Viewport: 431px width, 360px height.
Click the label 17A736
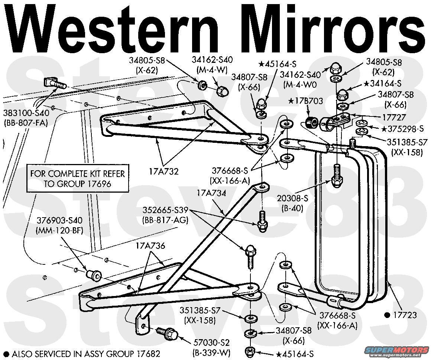(150, 246)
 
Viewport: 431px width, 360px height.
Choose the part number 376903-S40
(60, 222)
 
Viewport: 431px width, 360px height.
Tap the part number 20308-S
(290, 200)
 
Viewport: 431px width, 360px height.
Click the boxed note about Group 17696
(77, 179)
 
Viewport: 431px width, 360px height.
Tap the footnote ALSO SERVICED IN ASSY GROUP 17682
(85, 354)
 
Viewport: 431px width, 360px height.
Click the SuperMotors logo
(395, 351)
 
